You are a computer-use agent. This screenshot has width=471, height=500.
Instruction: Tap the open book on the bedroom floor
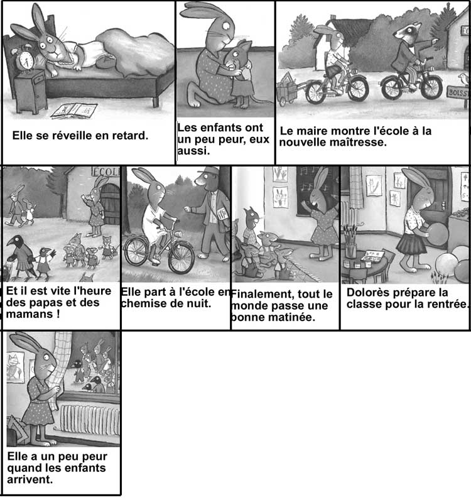tap(74, 111)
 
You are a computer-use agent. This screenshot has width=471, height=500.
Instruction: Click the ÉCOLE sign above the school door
tap(106, 171)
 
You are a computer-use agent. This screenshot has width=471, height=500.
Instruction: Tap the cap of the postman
tap(208, 171)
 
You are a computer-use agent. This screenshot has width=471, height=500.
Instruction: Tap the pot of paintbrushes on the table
tap(351, 242)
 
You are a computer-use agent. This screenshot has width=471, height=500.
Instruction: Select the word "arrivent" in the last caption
tap(30, 479)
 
